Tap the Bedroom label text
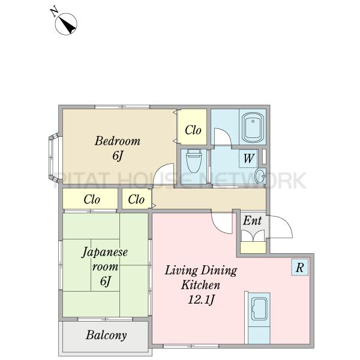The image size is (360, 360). (118, 141)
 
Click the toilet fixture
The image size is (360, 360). (194, 161)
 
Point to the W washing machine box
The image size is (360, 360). (248, 158)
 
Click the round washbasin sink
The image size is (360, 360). (260, 176)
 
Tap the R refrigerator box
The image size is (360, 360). (299, 267)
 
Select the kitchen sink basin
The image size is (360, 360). (259, 309)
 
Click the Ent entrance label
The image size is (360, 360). (252, 221)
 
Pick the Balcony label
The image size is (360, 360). (106, 335)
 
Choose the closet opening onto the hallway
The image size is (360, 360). (136, 199)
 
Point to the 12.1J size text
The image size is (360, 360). (201, 299)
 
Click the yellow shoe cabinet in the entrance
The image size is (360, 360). (253, 247)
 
